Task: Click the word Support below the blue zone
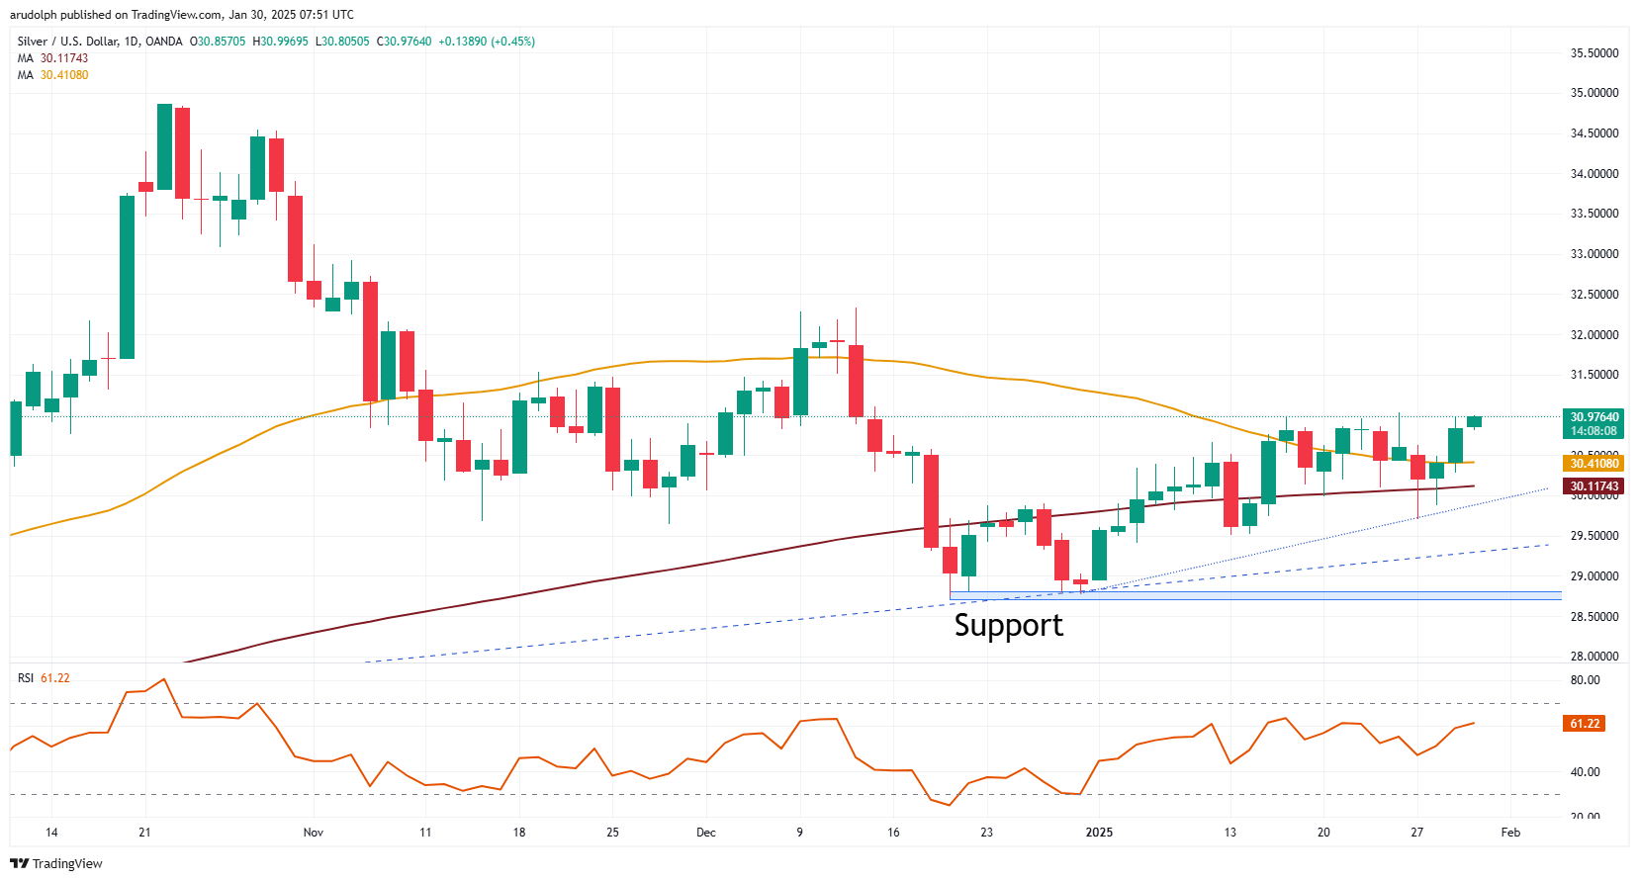(x=1008, y=625)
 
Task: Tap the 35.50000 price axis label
(x=1594, y=53)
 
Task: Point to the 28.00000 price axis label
(x=1594, y=657)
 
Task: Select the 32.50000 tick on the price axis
(x=1594, y=295)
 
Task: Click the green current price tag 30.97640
(x=1594, y=417)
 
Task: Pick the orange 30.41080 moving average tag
(x=1594, y=464)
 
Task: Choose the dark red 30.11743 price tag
(x=1594, y=486)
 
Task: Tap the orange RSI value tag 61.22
(x=1585, y=724)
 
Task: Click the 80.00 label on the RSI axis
(x=1585, y=680)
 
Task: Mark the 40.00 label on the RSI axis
(x=1585, y=772)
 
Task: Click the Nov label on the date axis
(x=314, y=833)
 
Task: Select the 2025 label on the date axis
(x=1099, y=833)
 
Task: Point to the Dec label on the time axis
(x=705, y=833)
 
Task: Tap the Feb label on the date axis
(x=1510, y=833)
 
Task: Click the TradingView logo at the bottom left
(x=56, y=863)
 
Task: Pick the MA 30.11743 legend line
(x=53, y=58)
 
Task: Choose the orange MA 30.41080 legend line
(x=53, y=75)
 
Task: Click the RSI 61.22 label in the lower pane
(x=44, y=678)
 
